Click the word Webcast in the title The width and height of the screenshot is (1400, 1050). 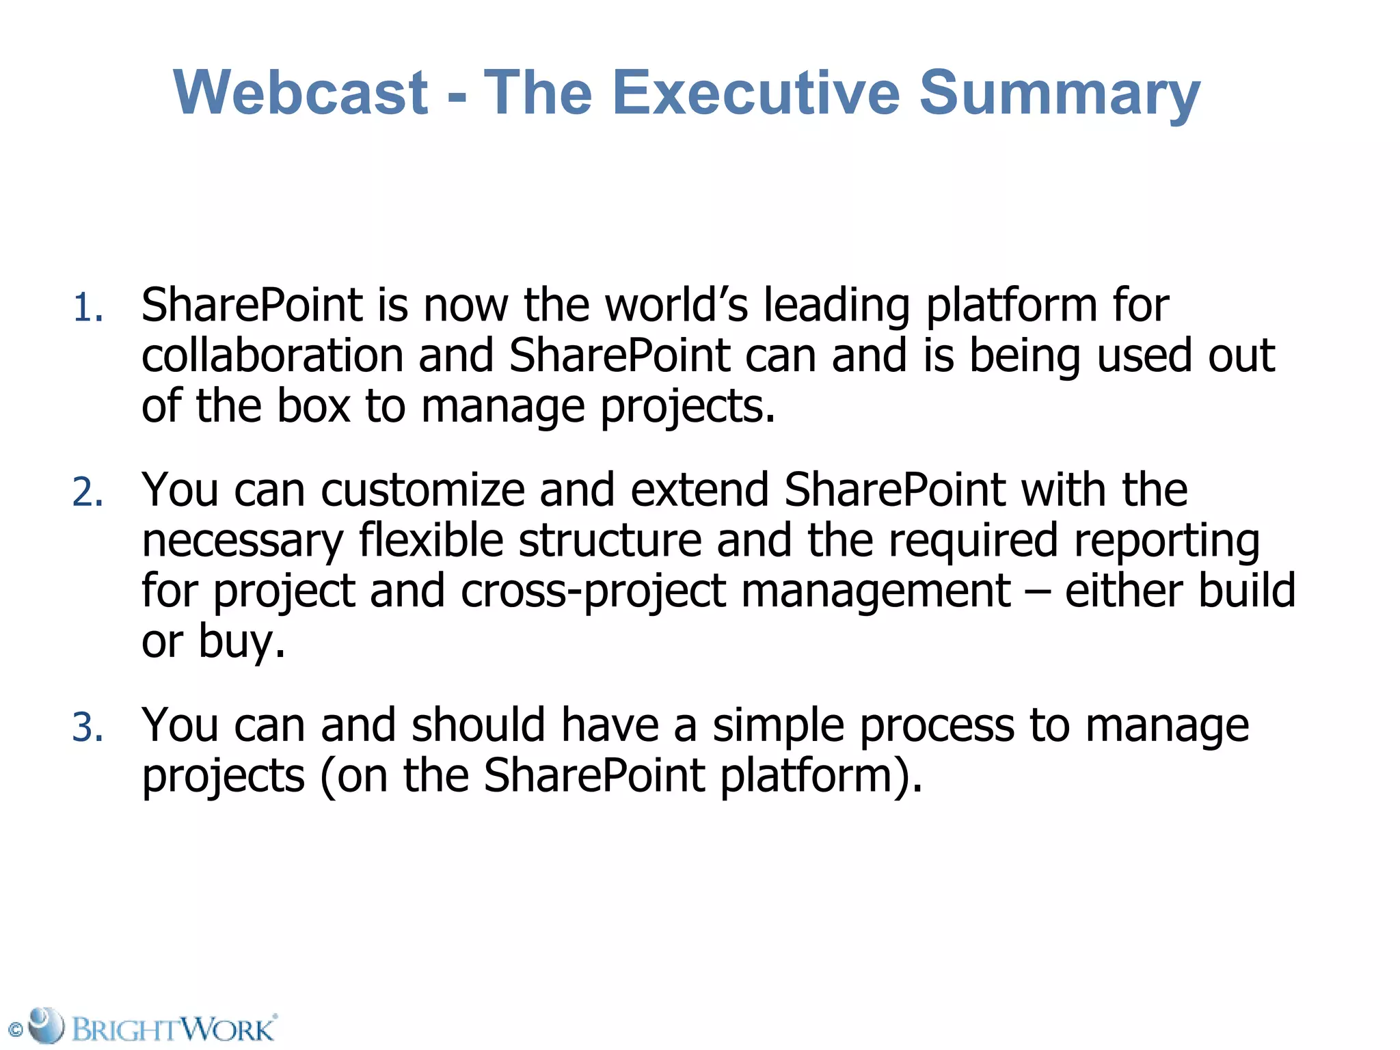coord(301,93)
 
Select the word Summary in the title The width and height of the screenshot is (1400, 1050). coord(1060,93)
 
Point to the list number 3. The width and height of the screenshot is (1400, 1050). coord(87,727)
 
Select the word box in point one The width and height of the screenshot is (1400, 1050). coord(313,406)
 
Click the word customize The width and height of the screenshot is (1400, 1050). coord(422,490)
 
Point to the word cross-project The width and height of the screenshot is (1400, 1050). coord(593,591)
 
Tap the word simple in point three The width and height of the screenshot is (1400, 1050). coord(778,726)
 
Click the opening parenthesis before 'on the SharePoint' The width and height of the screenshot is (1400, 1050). coord(326,777)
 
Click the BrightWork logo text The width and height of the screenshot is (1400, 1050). coord(174,1029)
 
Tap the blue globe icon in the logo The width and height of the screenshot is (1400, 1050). coord(46,1025)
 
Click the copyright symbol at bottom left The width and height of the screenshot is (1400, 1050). coord(15,1029)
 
